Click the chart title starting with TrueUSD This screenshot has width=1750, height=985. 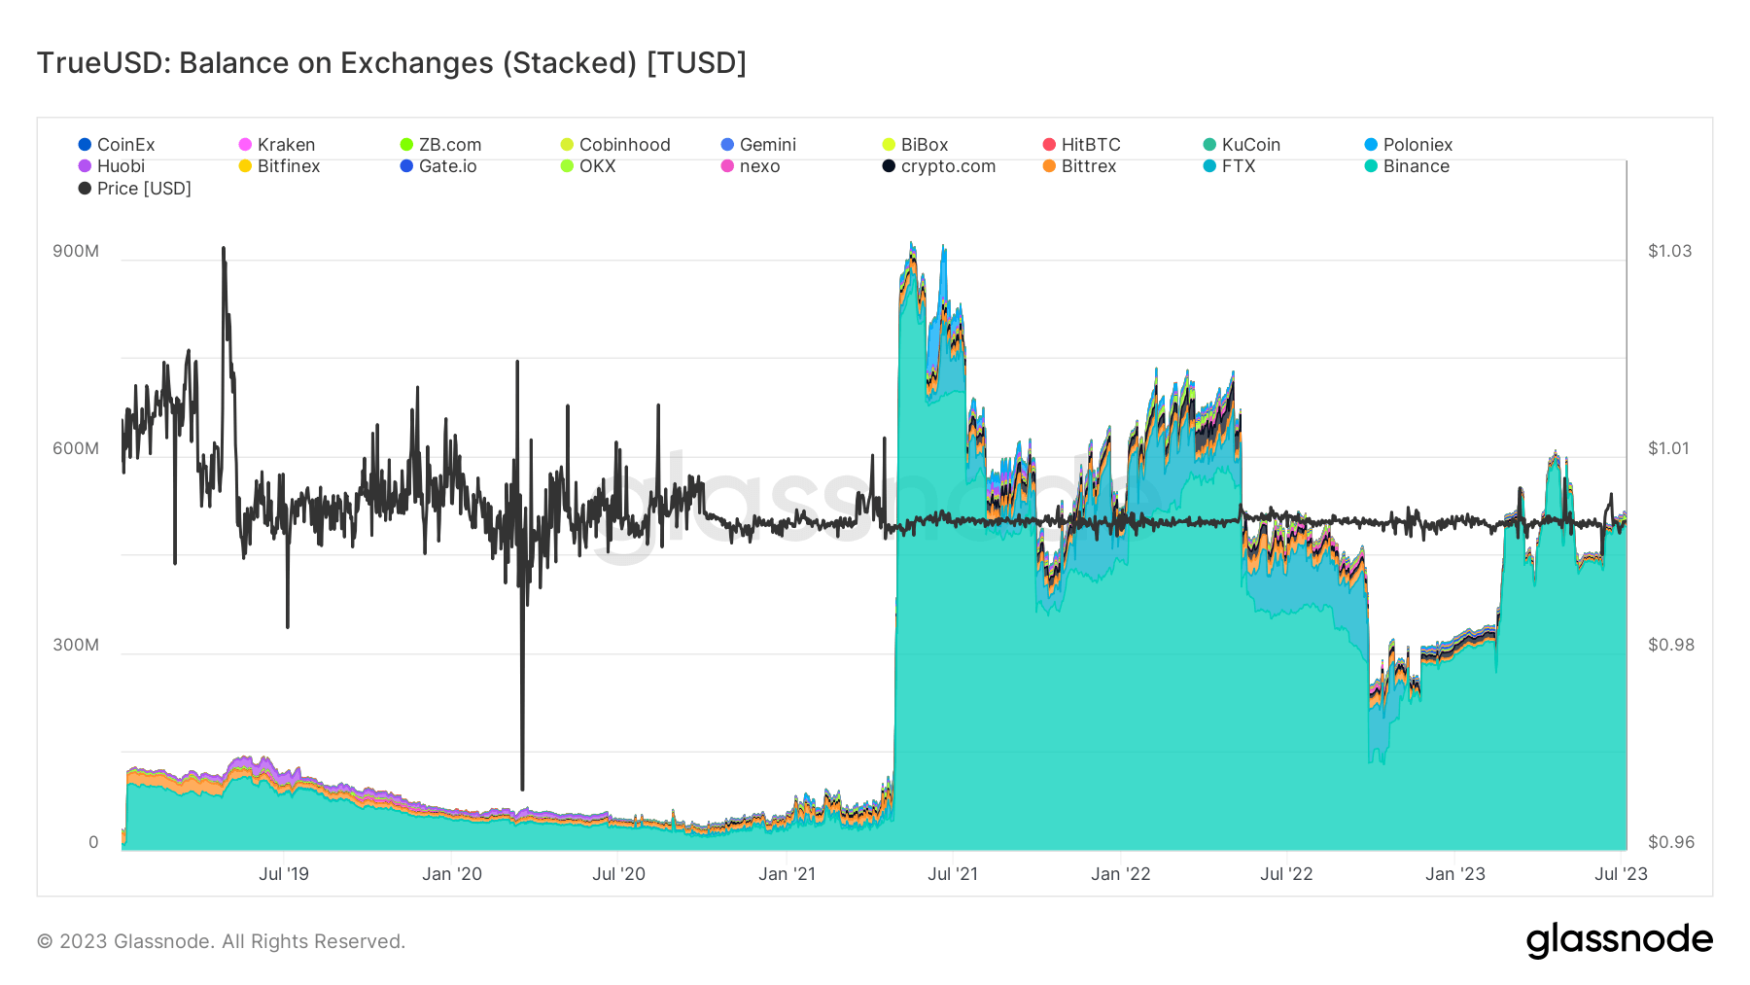tap(391, 63)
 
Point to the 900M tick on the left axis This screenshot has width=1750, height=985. tap(76, 251)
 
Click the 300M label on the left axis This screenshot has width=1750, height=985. tap(76, 645)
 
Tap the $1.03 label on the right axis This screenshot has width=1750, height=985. tap(1669, 251)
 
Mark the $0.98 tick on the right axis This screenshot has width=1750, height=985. tap(1670, 645)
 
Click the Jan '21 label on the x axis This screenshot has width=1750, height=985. tap(787, 874)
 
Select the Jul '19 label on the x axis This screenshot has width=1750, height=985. tap(284, 874)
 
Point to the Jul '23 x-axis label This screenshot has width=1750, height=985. tap(1621, 874)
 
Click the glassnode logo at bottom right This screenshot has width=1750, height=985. tap(1619, 940)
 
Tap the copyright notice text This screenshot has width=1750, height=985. tap(221, 941)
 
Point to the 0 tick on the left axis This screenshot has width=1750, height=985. tap(93, 842)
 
